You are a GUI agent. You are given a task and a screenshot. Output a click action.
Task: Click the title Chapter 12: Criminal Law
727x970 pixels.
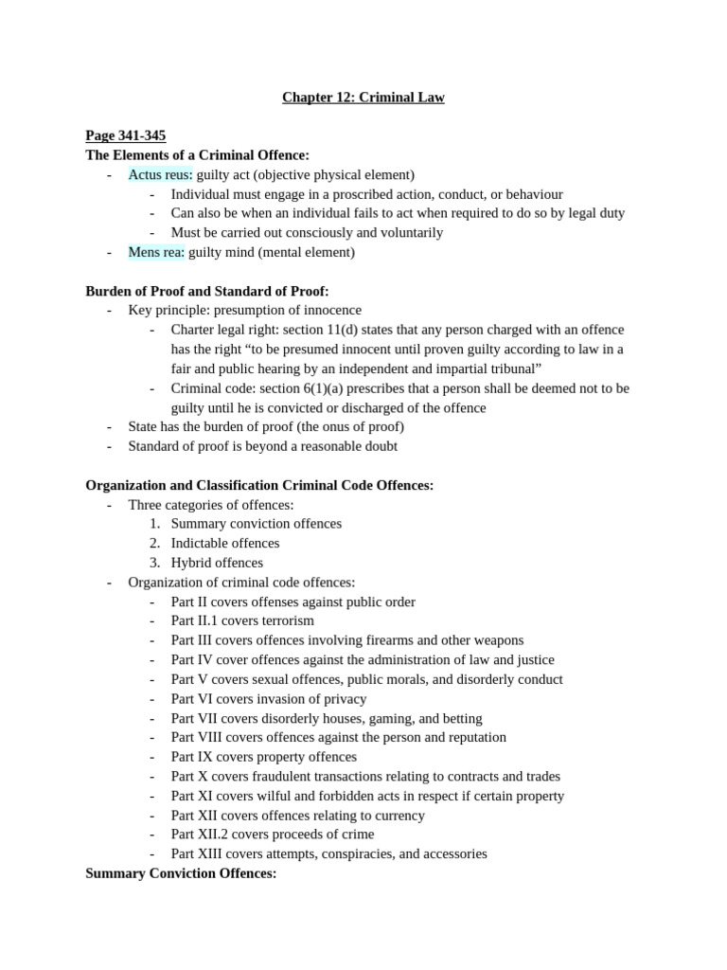coord(363,98)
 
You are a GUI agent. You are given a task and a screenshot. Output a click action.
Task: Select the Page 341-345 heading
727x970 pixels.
coord(126,136)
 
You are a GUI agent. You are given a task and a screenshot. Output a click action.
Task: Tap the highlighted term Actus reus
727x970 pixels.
coord(160,174)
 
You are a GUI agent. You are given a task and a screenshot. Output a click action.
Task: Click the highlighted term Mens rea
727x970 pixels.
coord(156,252)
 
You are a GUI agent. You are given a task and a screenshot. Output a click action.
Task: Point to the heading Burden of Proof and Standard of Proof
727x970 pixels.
coord(207,291)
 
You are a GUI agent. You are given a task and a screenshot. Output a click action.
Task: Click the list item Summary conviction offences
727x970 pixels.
coord(256,524)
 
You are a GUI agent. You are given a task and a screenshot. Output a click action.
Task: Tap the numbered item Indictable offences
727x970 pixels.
coord(225,544)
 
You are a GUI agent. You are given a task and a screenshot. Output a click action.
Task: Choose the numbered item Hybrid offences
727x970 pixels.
coord(217,563)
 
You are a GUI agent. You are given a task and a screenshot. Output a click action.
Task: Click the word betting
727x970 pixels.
coord(460,718)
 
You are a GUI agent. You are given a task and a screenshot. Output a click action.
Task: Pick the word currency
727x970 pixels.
coord(398,816)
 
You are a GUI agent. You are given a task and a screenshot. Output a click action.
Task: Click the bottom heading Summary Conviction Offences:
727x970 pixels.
coord(181,873)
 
